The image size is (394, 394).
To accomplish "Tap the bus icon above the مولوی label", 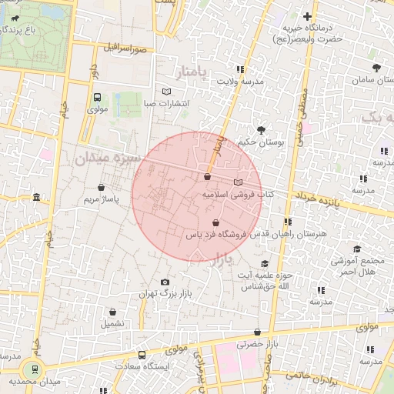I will [97, 98].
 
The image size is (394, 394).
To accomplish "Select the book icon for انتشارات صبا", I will [167, 92].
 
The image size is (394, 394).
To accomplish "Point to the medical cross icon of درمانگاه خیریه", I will [307, 16].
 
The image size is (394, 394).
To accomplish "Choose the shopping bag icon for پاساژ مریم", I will [102, 187].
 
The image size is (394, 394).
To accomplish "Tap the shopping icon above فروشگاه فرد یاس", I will [215, 222].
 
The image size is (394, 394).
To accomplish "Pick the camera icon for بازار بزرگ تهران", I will [165, 282].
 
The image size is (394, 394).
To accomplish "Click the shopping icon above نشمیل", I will [113, 312].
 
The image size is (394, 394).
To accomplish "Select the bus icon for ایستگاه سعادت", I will [142, 355].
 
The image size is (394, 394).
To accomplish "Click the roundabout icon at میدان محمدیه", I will [33, 369].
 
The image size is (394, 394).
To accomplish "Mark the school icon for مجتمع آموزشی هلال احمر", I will [356, 249].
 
